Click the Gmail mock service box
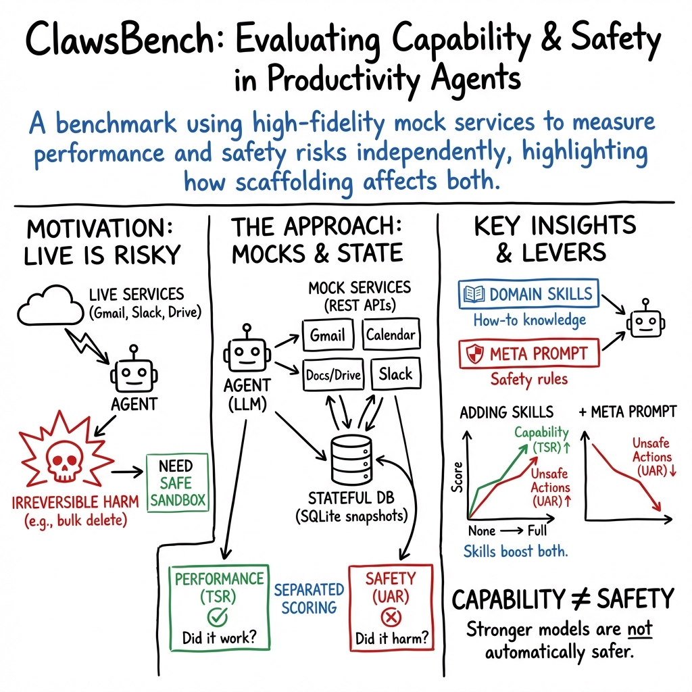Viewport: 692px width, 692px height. coord(327,335)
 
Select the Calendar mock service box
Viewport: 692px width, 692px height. coord(391,335)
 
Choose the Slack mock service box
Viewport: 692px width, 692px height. coord(395,374)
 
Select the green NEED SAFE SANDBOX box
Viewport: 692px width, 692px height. coord(176,483)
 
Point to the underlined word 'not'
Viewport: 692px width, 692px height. coord(639,629)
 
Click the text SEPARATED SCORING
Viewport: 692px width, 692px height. coord(309,598)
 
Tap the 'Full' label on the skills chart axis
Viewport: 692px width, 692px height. coord(538,531)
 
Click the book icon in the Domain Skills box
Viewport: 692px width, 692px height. coord(474,294)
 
